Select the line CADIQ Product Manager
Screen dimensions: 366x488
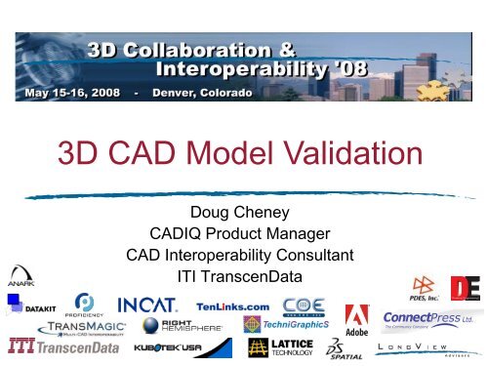point(243,235)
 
